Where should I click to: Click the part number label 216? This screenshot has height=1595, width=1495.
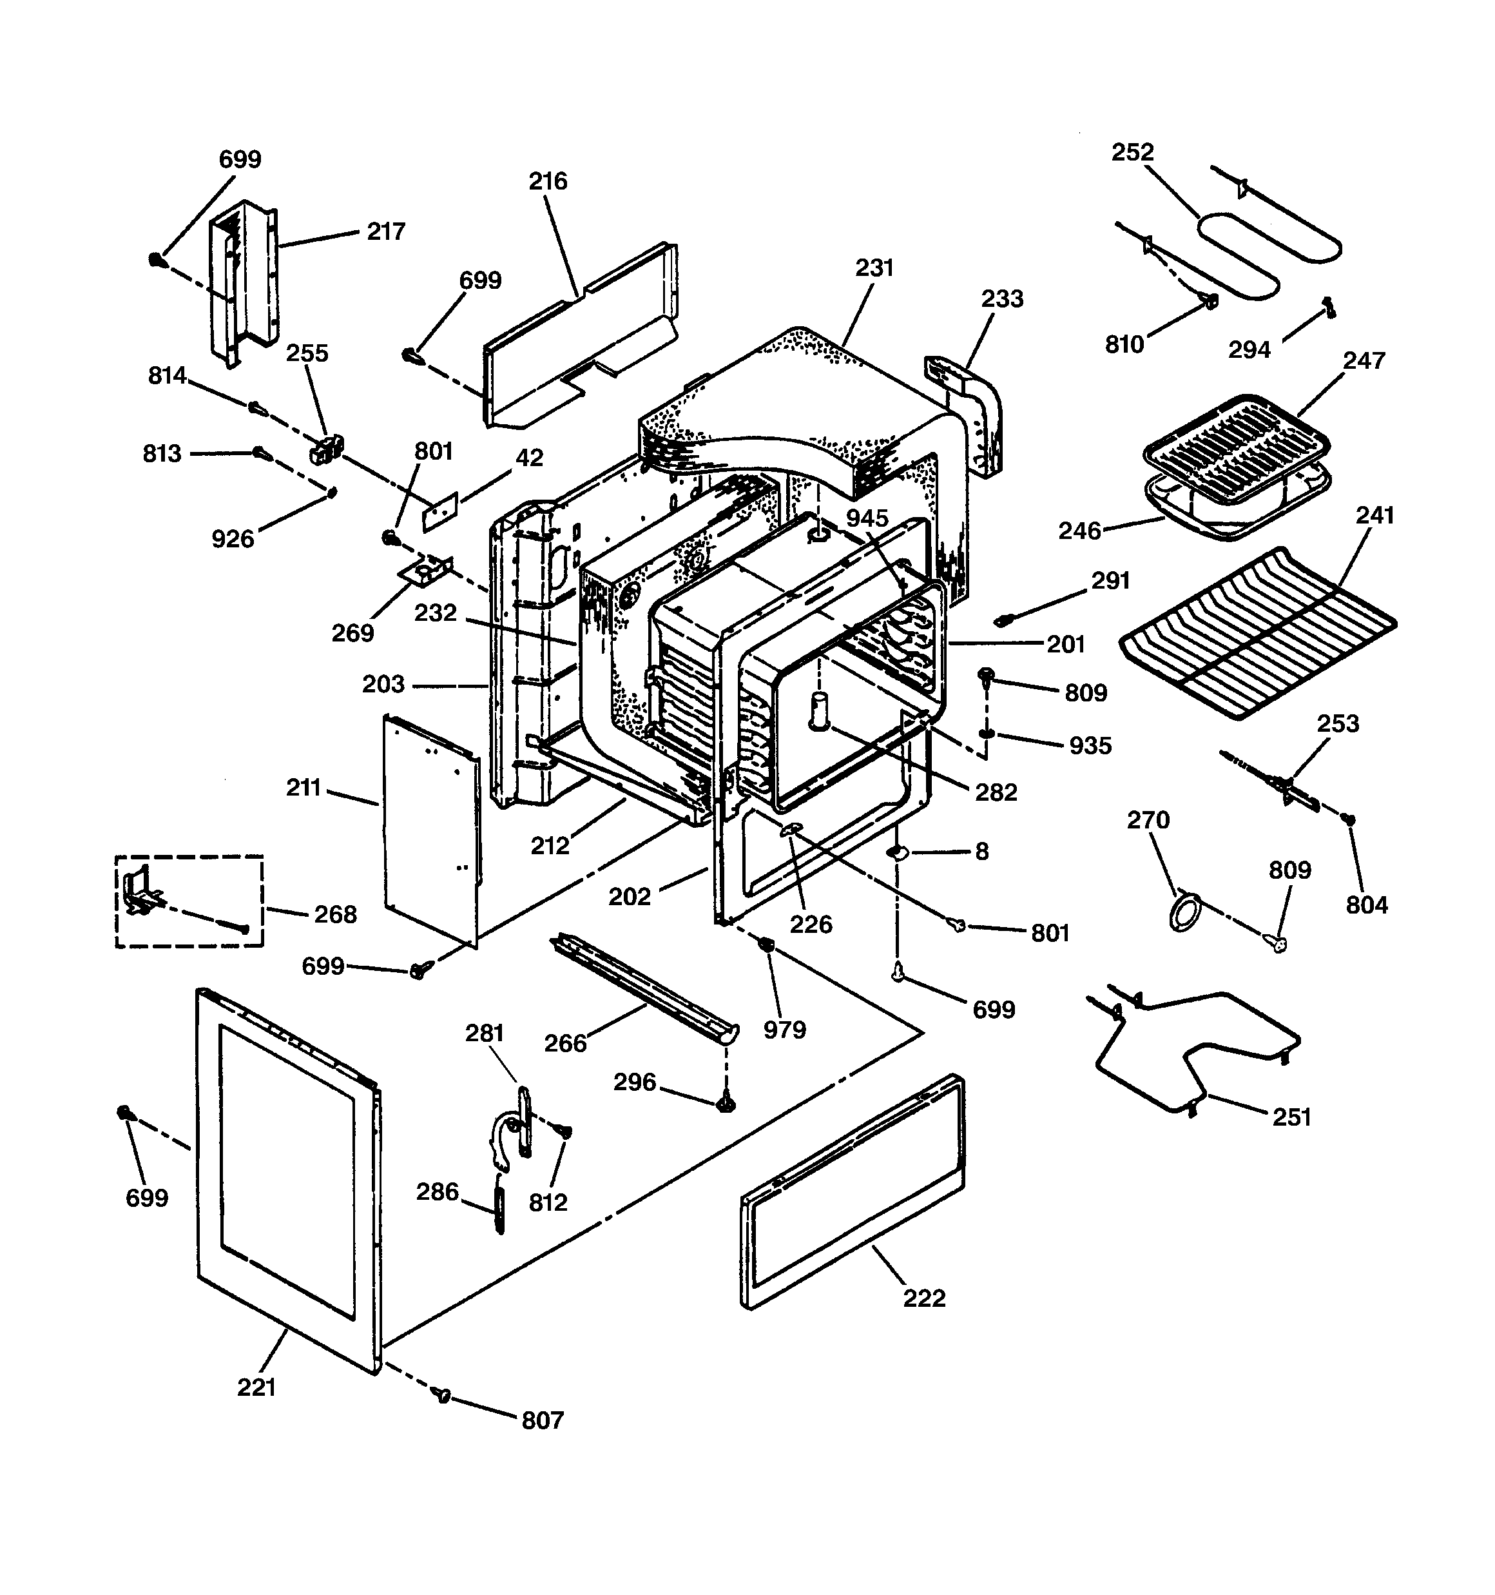click(548, 181)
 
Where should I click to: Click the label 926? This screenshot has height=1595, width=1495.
click(233, 539)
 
